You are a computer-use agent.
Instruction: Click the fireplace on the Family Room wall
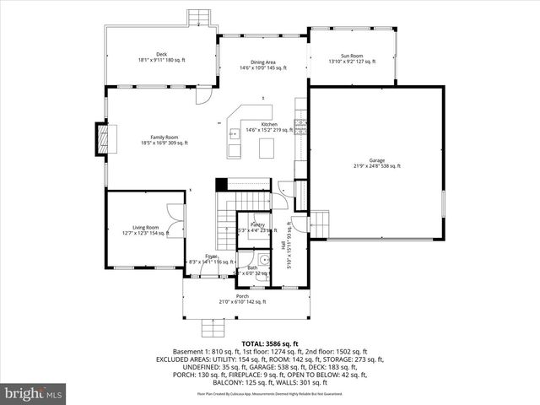101,139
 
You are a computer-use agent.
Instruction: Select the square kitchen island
267,148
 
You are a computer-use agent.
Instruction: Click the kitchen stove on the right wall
300,127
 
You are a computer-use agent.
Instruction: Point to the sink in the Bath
263,261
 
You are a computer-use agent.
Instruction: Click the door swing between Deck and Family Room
203,94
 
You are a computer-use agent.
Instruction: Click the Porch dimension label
242,300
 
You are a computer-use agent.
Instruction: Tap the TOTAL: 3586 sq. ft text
269,344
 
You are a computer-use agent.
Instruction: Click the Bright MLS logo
34,392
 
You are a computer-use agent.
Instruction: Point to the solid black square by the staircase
222,184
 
